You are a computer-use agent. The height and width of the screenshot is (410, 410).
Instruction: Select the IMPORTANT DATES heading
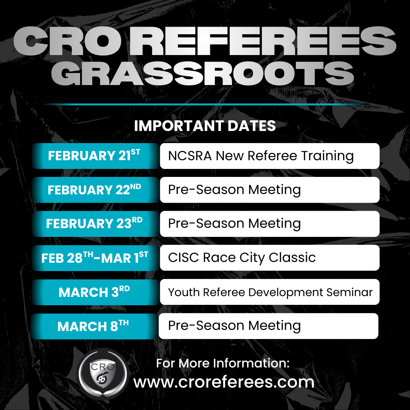[205, 126]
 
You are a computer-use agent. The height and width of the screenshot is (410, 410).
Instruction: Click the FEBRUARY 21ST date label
[94, 156]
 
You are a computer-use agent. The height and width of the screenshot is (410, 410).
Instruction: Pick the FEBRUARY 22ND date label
[94, 189]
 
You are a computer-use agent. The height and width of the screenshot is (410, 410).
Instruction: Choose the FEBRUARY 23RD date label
[94, 224]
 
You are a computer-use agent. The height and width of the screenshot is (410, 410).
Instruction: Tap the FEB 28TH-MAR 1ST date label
[95, 258]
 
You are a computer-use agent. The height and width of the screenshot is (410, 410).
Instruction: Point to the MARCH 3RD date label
[94, 292]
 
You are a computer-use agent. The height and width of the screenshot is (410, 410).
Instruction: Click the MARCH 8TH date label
[93, 326]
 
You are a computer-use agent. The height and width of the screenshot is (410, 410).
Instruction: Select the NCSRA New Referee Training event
[261, 156]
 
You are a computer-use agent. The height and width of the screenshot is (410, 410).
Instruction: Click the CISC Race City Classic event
[242, 258]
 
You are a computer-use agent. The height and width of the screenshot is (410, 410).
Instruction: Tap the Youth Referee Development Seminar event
[270, 292]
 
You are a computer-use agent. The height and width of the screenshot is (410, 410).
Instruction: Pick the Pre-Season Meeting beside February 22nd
[234, 189]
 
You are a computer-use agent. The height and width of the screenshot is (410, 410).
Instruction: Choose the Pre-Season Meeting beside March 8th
[234, 326]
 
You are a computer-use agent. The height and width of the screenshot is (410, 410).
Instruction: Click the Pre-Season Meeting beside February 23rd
[234, 224]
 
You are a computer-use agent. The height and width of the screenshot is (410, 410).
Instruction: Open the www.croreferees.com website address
[224, 382]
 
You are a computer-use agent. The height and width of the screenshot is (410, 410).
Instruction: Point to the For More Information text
[223, 363]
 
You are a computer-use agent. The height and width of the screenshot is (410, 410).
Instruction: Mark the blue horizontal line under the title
[205, 104]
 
